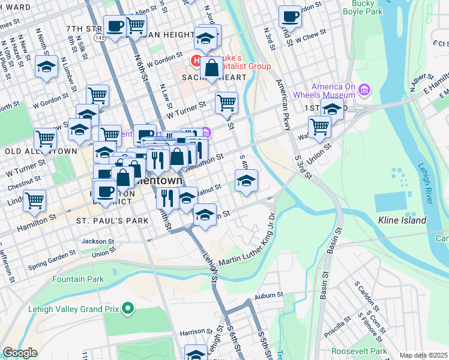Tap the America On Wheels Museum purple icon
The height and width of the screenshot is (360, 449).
pyautogui.click(x=364, y=91)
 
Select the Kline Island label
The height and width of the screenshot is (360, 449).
pyautogui.click(x=402, y=220)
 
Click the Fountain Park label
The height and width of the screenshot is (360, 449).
pyautogui.click(x=77, y=279)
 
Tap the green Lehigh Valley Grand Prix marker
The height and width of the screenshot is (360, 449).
pyautogui.click(x=127, y=309)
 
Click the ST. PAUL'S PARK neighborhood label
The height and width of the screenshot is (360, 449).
pyautogui.click(x=112, y=221)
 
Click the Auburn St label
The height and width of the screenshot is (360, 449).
pyautogui.click(x=268, y=295)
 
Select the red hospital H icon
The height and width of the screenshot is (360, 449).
pyautogui.click(x=195, y=61)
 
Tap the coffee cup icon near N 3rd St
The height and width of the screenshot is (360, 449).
pyautogui.click(x=291, y=17)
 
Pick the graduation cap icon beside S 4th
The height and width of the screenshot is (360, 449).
pyautogui.click(x=246, y=181)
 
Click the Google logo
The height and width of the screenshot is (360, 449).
pyautogui.click(x=20, y=353)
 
